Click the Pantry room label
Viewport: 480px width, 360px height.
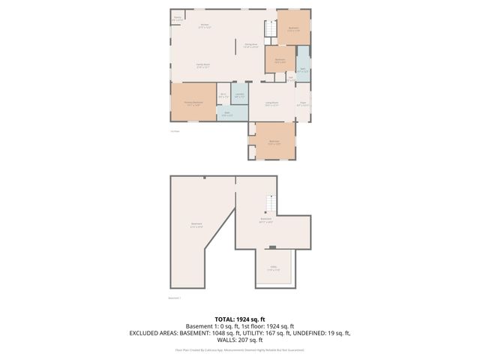coord(178,19)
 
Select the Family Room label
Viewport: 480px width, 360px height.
coord(202,66)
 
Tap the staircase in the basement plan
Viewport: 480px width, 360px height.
coord(271,202)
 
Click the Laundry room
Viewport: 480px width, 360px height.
coord(239,96)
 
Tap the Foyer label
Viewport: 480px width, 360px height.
coord(303,104)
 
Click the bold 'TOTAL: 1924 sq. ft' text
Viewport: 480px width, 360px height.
coord(239,319)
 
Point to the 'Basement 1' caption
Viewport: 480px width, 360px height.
coord(176,298)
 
